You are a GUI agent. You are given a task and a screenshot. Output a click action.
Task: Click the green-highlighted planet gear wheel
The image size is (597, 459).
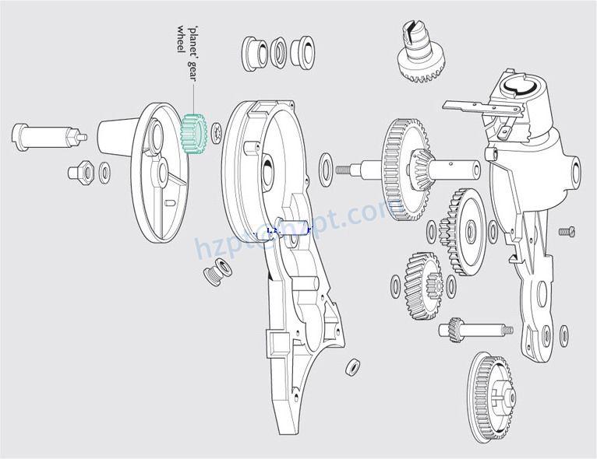(191, 133)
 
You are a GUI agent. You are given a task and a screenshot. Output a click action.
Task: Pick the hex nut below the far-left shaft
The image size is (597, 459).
(80, 170)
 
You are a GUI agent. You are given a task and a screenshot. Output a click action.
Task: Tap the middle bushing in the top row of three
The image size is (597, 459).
(278, 53)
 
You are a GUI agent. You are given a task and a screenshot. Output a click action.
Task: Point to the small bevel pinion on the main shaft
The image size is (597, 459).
(419, 164)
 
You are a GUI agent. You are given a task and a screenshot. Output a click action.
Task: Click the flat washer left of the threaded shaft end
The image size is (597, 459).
(325, 165)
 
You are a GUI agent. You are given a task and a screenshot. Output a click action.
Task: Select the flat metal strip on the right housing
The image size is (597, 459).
(468, 106)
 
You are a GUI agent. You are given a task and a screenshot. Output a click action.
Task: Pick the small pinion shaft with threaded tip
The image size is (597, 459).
(474, 330)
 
